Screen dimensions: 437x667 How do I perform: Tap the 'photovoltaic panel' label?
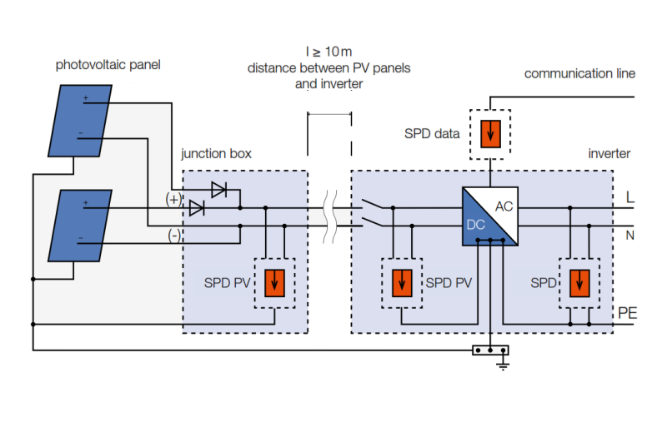pos(108,64)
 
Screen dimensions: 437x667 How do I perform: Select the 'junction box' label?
pos(216,154)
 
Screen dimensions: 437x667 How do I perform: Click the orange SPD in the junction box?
pos(274,283)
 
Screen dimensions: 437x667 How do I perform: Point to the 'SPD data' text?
pos(432,133)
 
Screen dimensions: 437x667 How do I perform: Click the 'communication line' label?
pos(579,73)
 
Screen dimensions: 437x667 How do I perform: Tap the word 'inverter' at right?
pos(609,154)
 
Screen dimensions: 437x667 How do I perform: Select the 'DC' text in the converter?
pos(475,224)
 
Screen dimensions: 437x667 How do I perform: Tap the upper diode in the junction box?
pos(219,190)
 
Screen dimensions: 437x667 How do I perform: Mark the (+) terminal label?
pos(173,200)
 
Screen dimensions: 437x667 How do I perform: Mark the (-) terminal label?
pos(173,236)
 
